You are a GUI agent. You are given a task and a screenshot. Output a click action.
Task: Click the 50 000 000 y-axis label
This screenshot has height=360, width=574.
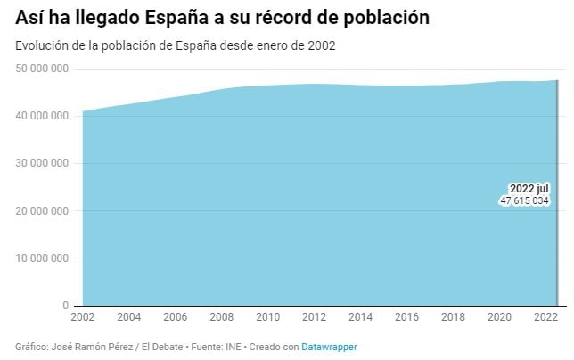(43, 69)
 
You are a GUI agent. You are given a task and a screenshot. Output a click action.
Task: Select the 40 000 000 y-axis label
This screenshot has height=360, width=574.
(43, 116)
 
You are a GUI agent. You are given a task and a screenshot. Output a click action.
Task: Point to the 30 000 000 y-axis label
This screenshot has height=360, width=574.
(43, 164)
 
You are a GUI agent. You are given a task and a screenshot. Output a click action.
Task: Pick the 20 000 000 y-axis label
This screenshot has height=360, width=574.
(43, 211)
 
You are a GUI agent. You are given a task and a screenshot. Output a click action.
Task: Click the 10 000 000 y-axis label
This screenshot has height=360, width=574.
(43, 258)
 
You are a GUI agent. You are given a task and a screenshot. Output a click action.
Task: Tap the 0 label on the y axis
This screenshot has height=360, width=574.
(67, 306)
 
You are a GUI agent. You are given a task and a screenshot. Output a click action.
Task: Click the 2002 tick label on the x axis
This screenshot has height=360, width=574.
(82, 317)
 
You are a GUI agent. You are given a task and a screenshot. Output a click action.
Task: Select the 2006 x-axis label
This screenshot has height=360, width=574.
(175, 317)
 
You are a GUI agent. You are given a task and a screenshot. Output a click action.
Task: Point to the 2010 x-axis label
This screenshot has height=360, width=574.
(268, 317)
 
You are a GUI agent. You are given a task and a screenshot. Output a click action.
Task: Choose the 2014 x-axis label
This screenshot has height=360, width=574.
(361, 317)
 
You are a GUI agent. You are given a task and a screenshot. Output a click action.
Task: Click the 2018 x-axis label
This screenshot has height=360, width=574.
(454, 317)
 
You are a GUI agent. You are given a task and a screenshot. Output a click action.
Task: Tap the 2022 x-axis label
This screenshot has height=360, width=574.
(545, 317)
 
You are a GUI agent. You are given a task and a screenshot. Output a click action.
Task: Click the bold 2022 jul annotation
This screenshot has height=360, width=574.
(529, 189)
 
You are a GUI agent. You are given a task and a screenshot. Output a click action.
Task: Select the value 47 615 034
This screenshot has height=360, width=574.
(524, 201)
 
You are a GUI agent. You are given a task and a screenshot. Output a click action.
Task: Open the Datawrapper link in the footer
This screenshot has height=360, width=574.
(329, 346)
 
